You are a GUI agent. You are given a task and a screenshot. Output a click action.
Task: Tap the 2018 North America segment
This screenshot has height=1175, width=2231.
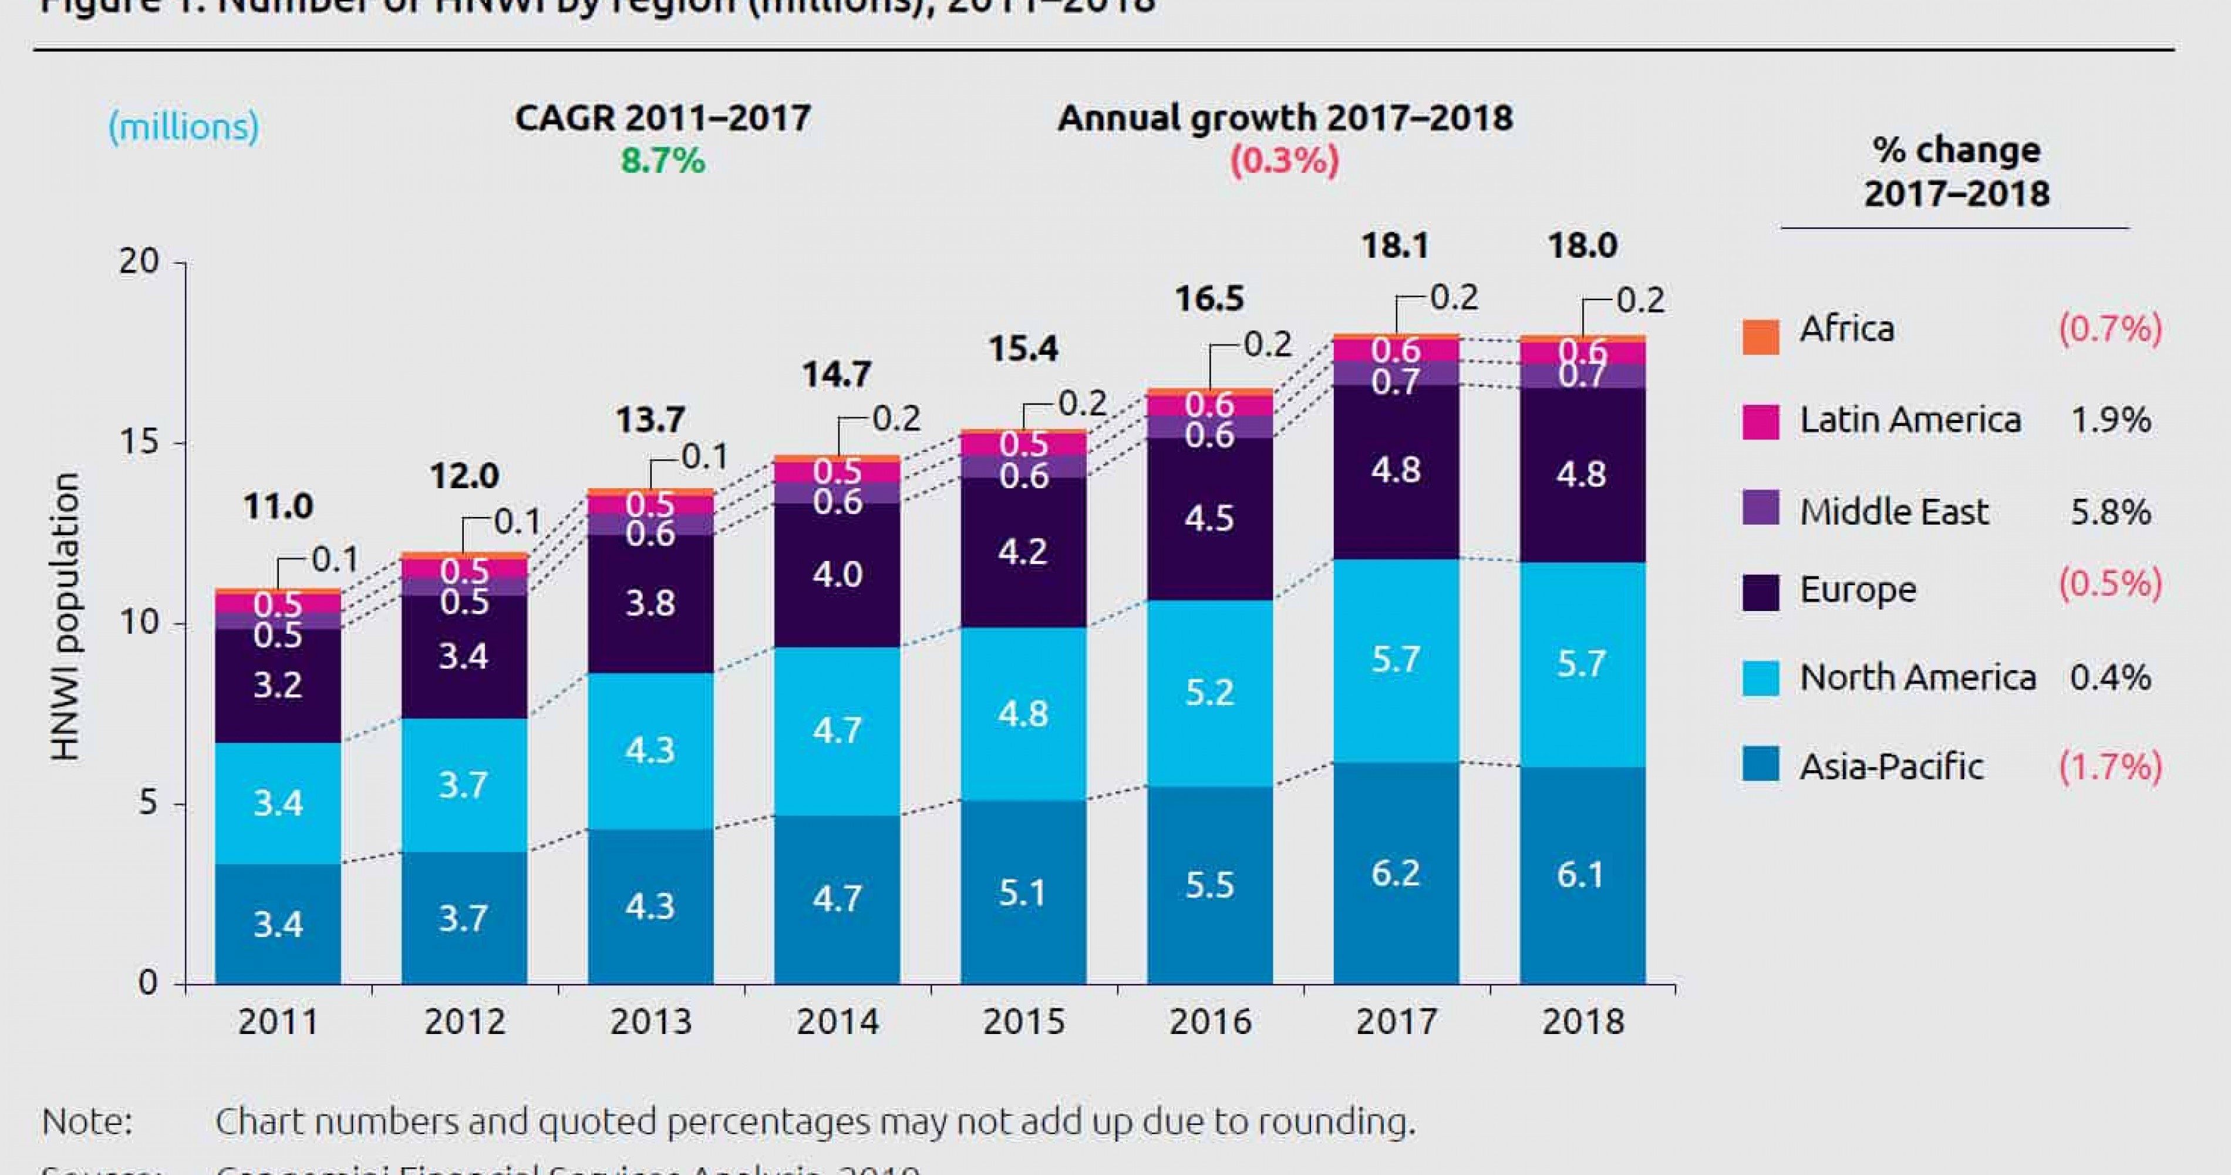(x=1582, y=664)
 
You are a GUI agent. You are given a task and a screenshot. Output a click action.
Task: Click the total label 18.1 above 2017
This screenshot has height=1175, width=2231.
(x=1394, y=246)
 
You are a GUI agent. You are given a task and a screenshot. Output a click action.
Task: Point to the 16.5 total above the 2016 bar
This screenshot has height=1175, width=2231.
(x=1209, y=299)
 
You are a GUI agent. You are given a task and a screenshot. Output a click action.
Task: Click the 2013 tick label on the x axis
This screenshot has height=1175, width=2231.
(x=651, y=1022)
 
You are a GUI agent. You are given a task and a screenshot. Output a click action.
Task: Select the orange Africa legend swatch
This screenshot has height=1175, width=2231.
(x=1761, y=336)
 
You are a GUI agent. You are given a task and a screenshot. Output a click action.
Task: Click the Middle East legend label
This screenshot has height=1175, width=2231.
(x=1894, y=512)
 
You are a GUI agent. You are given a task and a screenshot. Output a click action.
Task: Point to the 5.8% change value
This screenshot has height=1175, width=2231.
(x=2109, y=512)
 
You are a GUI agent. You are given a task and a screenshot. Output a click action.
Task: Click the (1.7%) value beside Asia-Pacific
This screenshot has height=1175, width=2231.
(x=2109, y=767)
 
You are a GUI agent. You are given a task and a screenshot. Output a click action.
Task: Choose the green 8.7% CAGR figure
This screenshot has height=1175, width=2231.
(x=662, y=160)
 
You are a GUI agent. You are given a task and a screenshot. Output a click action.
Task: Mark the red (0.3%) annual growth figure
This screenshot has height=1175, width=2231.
(x=1285, y=160)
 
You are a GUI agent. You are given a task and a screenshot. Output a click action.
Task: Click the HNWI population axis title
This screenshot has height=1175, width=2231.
(x=65, y=617)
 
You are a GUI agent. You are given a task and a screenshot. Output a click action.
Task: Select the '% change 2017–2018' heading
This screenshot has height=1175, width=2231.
(x=1956, y=172)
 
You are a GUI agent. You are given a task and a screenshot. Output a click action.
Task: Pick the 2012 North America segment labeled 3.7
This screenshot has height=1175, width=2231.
(x=463, y=785)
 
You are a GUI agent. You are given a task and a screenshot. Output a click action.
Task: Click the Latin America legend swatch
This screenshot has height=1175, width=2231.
(x=1761, y=421)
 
